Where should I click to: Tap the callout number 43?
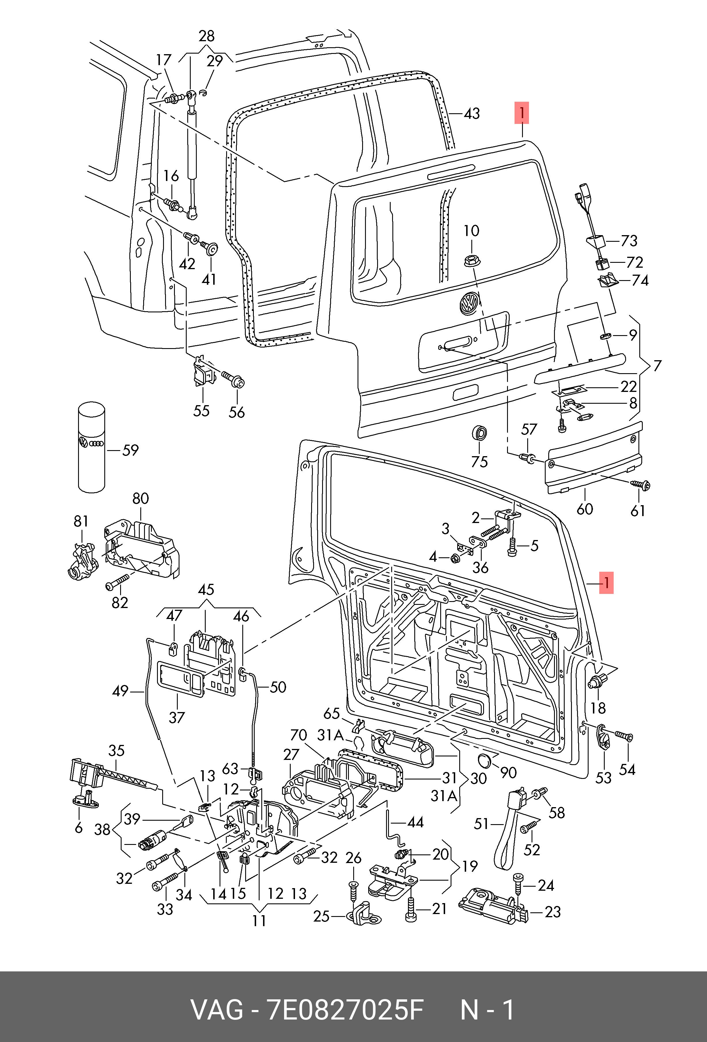(x=472, y=114)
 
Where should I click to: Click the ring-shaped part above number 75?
(x=480, y=434)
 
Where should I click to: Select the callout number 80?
(x=140, y=498)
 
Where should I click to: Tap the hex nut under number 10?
(x=471, y=260)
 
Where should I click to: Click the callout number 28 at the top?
(x=206, y=36)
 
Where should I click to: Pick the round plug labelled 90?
(x=485, y=761)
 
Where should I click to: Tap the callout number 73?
(x=629, y=241)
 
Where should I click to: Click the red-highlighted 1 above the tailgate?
(x=521, y=113)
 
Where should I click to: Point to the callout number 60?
(x=585, y=509)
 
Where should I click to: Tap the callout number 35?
(x=116, y=751)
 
